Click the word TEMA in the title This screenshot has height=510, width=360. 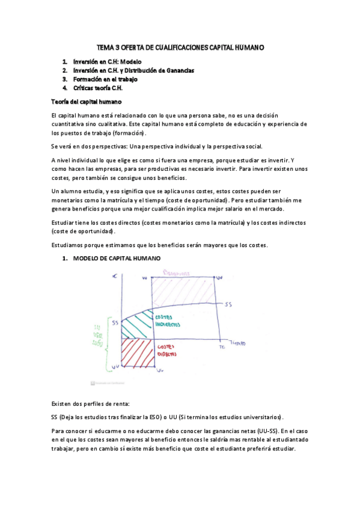(106, 47)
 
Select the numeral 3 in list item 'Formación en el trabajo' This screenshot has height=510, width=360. (65, 79)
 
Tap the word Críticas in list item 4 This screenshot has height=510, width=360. (84, 88)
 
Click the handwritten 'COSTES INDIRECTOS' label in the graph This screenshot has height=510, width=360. (169, 321)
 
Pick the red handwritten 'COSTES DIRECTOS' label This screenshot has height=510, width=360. (168, 351)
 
